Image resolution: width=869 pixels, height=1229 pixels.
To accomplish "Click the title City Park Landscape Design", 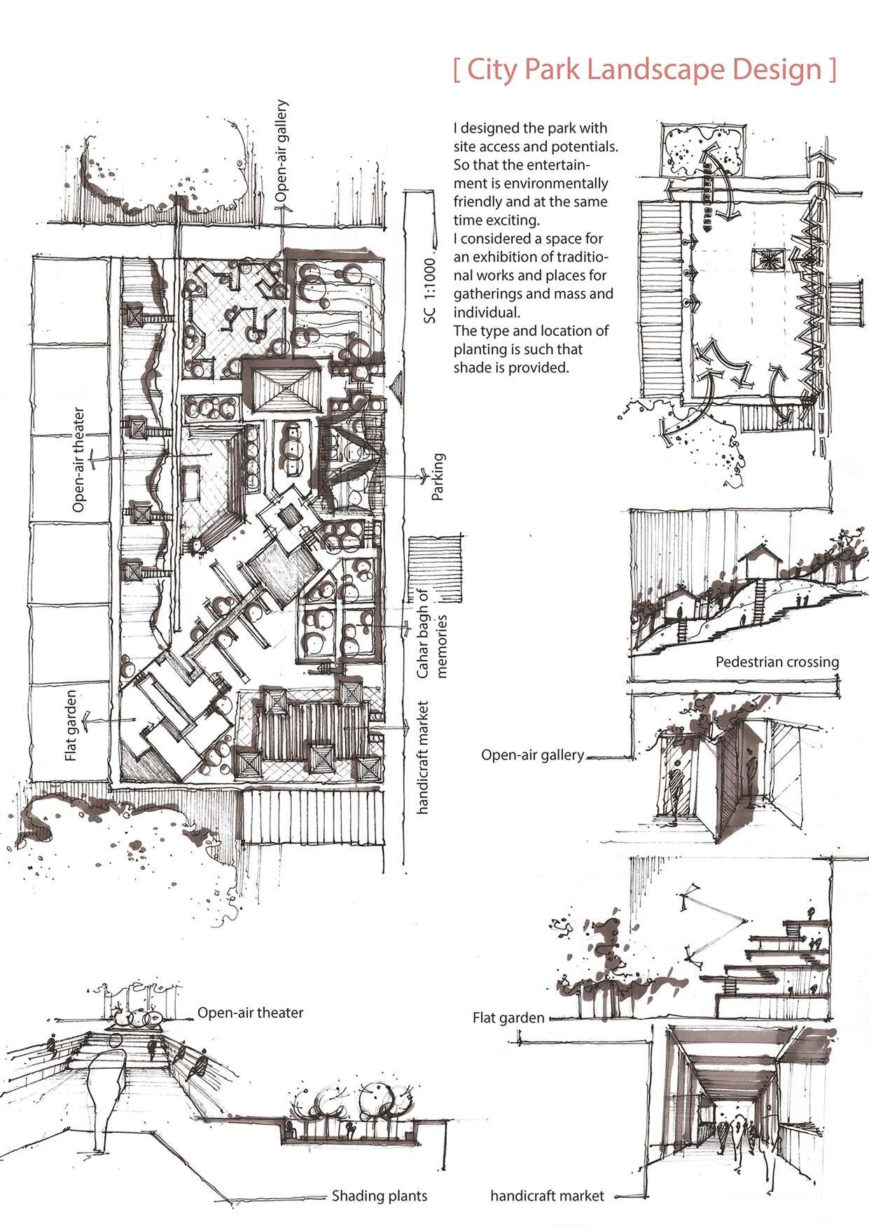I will [x=645, y=71].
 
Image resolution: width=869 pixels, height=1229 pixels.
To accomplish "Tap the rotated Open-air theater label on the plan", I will [x=78, y=460].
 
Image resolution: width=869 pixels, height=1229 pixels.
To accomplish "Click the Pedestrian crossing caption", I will [x=777, y=661].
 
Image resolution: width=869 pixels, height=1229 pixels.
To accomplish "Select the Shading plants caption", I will [x=380, y=1195].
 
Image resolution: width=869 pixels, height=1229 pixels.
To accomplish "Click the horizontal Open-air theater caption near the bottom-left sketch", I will [x=250, y=1013].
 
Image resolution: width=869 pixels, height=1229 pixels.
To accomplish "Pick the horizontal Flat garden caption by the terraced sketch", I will [x=508, y=1018].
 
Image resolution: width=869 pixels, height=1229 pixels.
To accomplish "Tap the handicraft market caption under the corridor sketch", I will [x=547, y=1195].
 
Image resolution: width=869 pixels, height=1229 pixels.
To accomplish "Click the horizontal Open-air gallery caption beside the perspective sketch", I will [x=532, y=755].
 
